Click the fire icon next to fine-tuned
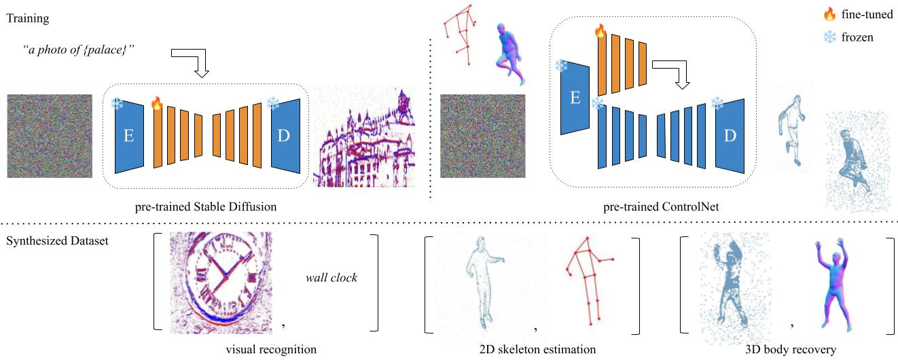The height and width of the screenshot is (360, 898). [829, 14]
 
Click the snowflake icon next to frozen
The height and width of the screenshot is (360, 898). [829, 37]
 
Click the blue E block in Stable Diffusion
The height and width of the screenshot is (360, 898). [129, 136]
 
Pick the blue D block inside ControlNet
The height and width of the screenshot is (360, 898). [730, 136]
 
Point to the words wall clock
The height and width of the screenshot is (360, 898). [330, 277]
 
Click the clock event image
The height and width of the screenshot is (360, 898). [221, 283]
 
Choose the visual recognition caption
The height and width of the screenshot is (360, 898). [271, 350]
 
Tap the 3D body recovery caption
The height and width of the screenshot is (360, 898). [791, 350]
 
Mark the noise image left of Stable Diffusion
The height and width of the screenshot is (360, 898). [50, 136]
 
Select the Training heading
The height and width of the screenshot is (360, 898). [27, 18]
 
